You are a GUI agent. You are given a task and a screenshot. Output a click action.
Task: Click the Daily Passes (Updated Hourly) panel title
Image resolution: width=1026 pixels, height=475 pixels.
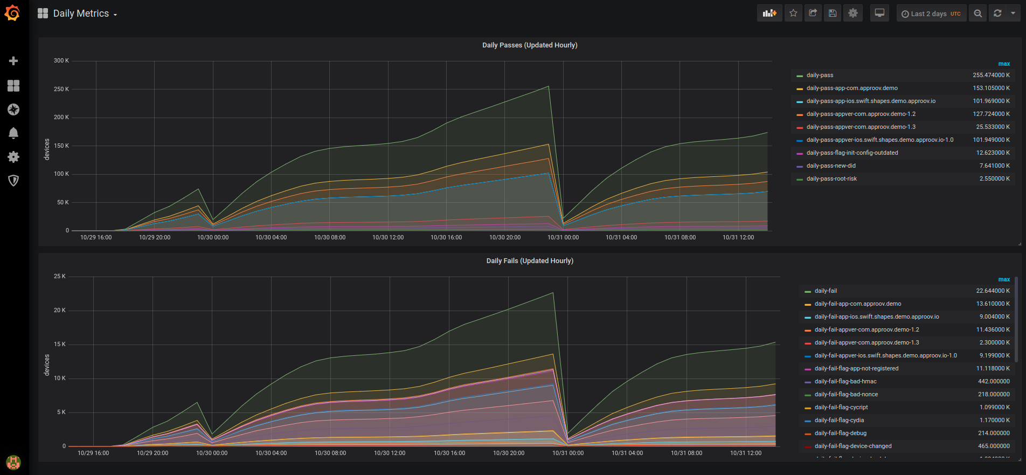(x=529, y=45)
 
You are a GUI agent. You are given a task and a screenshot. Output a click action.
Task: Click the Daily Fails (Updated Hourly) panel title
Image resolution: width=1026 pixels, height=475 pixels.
(x=529, y=261)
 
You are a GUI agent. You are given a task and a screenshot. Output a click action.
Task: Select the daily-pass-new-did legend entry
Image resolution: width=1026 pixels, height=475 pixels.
(x=830, y=166)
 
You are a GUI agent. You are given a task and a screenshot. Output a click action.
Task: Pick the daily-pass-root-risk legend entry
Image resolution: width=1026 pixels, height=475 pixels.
(x=831, y=179)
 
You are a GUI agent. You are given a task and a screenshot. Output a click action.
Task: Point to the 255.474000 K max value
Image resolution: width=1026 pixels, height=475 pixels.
(x=991, y=75)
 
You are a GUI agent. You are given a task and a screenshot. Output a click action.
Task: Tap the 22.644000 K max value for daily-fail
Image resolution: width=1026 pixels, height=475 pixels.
(x=993, y=291)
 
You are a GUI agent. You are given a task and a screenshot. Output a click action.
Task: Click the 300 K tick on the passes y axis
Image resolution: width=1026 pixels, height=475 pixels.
(x=61, y=61)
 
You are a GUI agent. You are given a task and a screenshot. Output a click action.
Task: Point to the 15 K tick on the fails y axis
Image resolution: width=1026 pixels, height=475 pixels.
(x=59, y=345)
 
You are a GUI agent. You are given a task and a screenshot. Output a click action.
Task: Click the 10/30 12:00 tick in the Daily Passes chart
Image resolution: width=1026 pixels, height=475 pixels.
(x=388, y=238)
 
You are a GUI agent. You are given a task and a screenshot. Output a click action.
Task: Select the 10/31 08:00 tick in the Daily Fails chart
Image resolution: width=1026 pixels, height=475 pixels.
(x=686, y=453)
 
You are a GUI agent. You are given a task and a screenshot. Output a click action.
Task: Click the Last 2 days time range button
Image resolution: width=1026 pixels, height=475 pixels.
(x=930, y=13)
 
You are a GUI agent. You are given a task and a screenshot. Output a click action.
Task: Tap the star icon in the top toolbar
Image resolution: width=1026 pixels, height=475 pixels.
(x=793, y=13)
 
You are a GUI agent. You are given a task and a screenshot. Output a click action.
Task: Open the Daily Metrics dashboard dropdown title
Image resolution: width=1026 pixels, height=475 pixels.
(x=85, y=13)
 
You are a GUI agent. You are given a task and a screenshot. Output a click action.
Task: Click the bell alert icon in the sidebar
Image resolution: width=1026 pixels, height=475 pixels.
(x=13, y=133)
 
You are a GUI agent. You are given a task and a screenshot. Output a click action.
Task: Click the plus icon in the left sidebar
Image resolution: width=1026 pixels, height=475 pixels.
(x=13, y=61)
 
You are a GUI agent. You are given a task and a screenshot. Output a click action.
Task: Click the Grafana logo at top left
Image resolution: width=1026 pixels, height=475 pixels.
(x=12, y=13)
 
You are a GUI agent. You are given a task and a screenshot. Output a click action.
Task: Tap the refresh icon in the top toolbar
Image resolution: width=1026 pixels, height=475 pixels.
(x=997, y=13)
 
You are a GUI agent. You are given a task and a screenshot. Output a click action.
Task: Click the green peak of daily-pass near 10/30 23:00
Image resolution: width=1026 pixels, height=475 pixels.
(x=549, y=86)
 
